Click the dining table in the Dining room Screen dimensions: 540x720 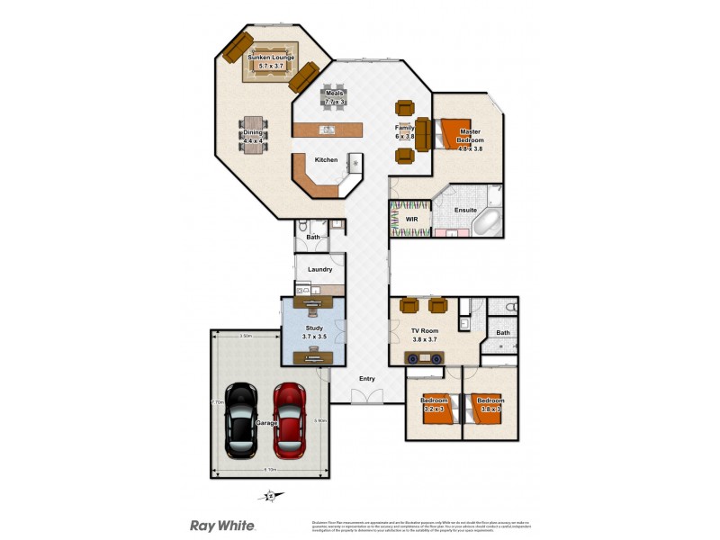(253, 136)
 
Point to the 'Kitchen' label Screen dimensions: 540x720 (326, 160)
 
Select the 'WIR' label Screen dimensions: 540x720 (411, 219)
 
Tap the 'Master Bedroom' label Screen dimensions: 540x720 (471, 136)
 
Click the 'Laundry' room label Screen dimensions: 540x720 (320, 269)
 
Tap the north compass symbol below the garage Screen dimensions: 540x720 (269, 495)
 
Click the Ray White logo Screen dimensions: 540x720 (221, 526)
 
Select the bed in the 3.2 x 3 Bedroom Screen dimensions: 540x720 (436, 409)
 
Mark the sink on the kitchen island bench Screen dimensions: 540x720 (328, 130)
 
